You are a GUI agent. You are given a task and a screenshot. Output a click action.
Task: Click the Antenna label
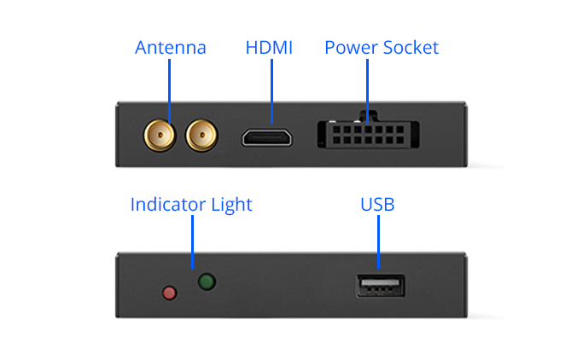171,48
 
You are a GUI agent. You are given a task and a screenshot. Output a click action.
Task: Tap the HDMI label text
269,48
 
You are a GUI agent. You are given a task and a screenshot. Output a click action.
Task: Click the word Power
351,48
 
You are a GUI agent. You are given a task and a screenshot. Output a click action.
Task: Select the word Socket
411,48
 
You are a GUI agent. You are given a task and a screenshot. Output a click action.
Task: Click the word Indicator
168,205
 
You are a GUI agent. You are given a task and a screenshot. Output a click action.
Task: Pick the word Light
232,206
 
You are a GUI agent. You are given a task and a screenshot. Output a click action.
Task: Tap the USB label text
377,205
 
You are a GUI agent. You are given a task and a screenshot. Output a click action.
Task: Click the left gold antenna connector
160,136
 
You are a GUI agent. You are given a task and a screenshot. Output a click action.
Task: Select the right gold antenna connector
201,136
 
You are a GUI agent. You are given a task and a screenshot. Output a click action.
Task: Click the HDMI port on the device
267,138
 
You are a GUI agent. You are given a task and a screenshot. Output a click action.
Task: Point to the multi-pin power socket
369,134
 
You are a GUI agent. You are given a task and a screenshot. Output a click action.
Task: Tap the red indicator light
169,293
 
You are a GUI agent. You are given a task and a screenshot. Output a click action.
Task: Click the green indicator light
207,282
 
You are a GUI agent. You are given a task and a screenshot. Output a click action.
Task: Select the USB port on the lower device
381,286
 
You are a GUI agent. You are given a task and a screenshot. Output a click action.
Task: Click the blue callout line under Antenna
169,91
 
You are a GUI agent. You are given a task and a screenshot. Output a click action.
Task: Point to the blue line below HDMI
272,91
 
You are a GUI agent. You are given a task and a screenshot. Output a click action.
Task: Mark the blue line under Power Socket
367,91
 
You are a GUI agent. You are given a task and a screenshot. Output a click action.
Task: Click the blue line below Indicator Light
192,241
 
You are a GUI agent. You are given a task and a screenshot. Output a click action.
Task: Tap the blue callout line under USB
379,241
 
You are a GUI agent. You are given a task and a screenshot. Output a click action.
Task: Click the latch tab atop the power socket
369,116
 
